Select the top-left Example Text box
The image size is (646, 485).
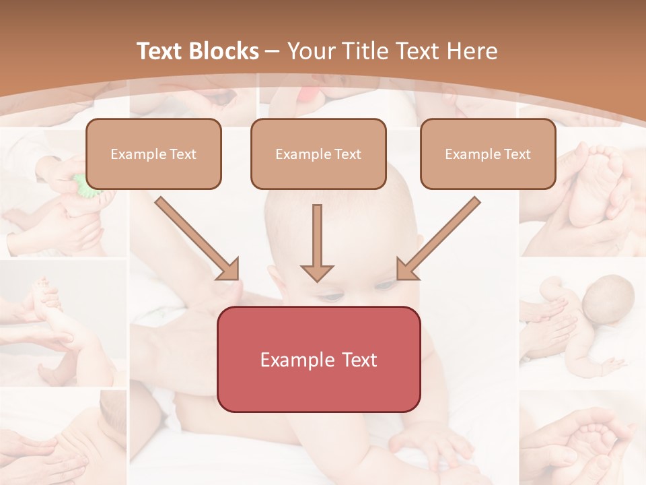pos(153,154)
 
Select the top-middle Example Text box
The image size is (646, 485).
pos(318,154)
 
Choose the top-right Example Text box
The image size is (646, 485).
pos(488,154)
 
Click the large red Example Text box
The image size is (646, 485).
pos(318,359)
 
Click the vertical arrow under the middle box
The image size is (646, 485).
pos(317,243)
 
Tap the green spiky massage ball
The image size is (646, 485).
pos(83,183)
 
